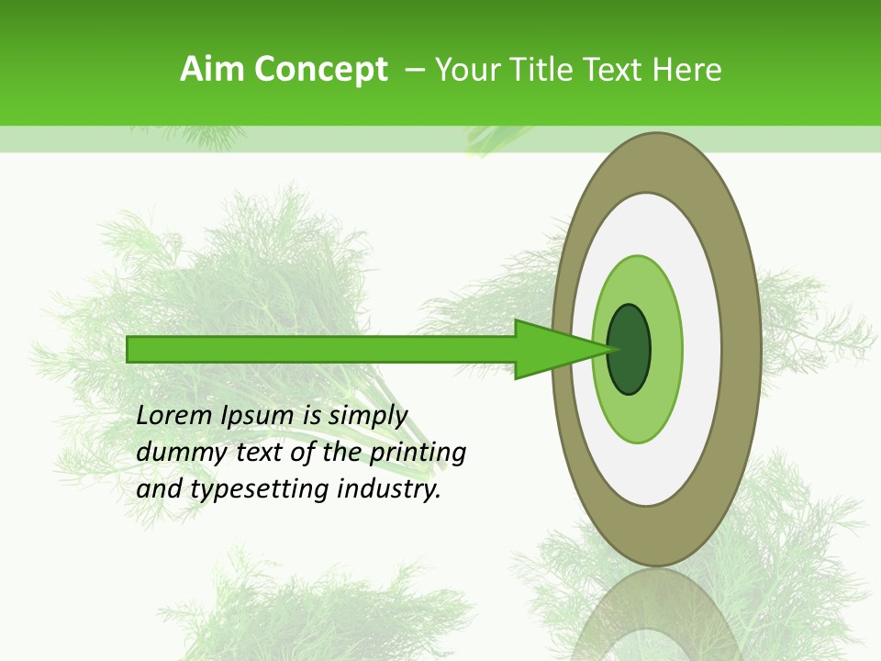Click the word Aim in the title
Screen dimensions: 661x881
tap(212, 69)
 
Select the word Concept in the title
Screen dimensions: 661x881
tap(321, 69)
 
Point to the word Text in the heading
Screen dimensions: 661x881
tap(611, 69)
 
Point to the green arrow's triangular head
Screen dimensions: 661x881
tap(551, 349)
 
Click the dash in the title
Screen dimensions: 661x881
tap(415, 69)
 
